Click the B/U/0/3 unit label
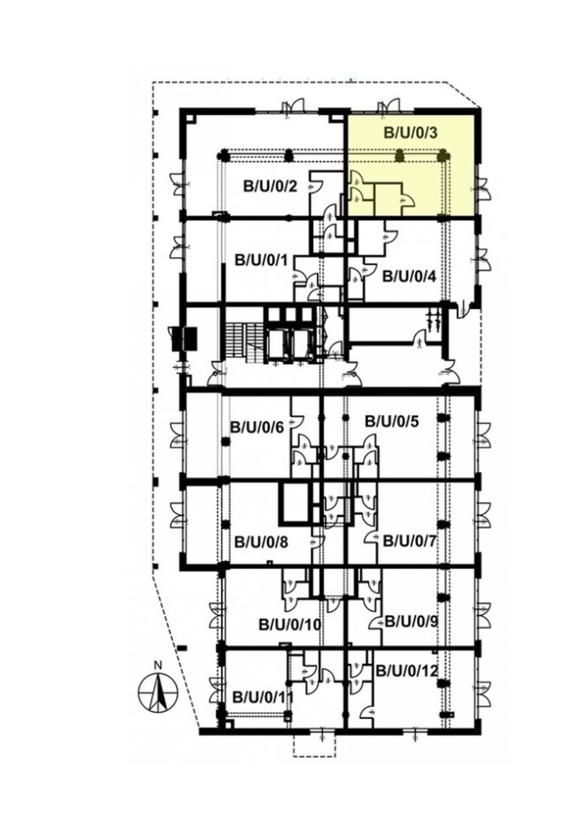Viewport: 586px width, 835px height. (x=411, y=132)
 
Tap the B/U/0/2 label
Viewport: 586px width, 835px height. (x=270, y=187)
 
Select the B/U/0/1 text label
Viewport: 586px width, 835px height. (x=262, y=260)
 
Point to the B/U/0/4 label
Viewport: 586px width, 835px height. (x=410, y=277)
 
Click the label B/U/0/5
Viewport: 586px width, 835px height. (x=392, y=422)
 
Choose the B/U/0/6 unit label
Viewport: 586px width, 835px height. (x=257, y=427)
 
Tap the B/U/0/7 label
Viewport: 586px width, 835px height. (x=410, y=541)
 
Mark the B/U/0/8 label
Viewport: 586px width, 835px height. (x=262, y=542)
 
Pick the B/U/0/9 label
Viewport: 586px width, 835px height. (x=411, y=621)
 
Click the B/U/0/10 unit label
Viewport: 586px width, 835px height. (x=290, y=624)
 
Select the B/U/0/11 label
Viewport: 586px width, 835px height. (x=264, y=696)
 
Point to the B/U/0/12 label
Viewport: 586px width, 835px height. (x=406, y=670)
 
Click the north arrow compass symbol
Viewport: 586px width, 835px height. (x=158, y=692)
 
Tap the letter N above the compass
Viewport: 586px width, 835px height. (x=158, y=665)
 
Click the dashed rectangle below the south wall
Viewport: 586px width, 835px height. (x=315, y=372)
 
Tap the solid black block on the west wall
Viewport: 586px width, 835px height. (x=183, y=338)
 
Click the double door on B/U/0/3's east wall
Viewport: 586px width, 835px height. (x=482, y=189)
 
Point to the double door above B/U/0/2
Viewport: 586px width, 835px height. (x=294, y=105)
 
